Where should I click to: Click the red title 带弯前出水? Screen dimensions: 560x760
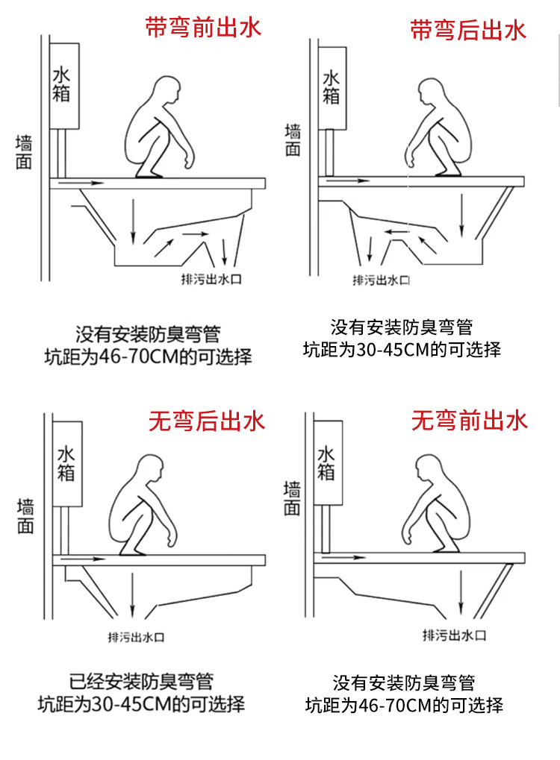pyautogui.click(x=203, y=27)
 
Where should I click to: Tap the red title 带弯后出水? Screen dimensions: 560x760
pyautogui.click(x=468, y=30)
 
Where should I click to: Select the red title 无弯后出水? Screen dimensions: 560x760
pyautogui.click(x=207, y=421)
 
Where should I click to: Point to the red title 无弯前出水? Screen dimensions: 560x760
pyautogui.click(x=469, y=420)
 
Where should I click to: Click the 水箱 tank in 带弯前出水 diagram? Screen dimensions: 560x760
pyautogui.click(x=64, y=86)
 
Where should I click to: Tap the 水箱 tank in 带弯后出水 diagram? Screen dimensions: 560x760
pyautogui.click(x=332, y=88)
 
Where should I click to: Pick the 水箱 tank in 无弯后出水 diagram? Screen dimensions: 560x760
pyautogui.click(x=67, y=464)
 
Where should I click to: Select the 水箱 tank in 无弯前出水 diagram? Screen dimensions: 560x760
pyautogui.click(x=328, y=463)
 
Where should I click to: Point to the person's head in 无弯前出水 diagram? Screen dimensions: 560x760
pyautogui.click(x=430, y=468)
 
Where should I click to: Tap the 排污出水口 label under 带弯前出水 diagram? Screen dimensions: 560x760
pyautogui.click(x=211, y=279)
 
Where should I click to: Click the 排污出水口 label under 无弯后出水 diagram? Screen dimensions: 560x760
pyautogui.click(x=136, y=637)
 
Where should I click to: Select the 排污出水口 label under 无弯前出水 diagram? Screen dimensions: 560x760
pyautogui.click(x=455, y=635)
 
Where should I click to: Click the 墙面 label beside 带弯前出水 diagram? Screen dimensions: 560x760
pyautogui.click(x=24, y=151)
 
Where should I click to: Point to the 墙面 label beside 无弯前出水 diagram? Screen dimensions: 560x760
pyautogui.click(x=292, y=497)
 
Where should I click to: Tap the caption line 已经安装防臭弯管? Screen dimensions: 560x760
pyautogui.click(x=141, y=682)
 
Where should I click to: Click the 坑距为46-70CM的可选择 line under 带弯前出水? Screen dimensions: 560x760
pyautogui.click(x=149, y=357)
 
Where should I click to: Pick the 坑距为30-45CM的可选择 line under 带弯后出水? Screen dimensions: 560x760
pyautogui.click(x=402, y=350)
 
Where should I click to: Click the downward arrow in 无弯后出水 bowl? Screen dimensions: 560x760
pyautogui.click(x=132, y=595)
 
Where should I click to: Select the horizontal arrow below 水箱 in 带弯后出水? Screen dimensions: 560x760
pyautogui.click(x=348, y=180)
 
